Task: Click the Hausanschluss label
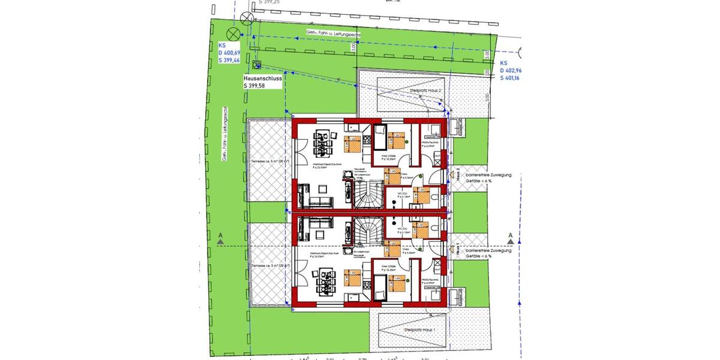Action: [263, 78]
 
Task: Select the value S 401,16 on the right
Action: [512, 78]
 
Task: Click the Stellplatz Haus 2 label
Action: [425, 90]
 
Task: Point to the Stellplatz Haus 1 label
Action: [419, 329]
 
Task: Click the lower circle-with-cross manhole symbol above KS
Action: [233, 34]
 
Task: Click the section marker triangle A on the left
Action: [221, 241]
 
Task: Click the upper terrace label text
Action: [267, 161]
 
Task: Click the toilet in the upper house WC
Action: [435, 196]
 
